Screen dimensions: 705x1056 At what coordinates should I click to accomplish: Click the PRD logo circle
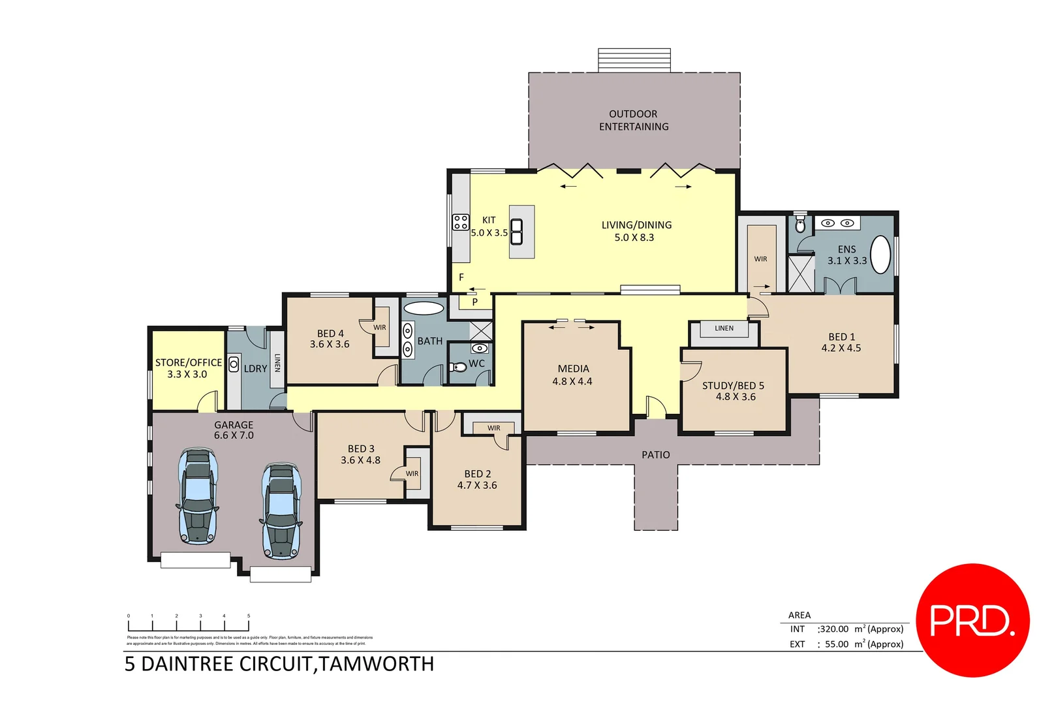click(972, 620)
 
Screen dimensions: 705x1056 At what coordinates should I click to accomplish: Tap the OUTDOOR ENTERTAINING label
click(634, 120)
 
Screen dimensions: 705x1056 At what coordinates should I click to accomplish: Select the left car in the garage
click(198, 496)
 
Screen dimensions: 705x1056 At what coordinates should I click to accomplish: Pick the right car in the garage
click(281, 511)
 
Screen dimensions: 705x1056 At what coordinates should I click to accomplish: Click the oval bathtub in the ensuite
click(880, 255)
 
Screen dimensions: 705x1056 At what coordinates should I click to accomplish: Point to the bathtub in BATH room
click(424, 308)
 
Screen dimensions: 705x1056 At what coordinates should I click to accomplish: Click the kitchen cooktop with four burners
click(461, 222)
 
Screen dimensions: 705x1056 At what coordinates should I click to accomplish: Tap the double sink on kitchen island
click(516, 232)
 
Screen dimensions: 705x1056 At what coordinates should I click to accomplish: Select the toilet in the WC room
click(459, 367)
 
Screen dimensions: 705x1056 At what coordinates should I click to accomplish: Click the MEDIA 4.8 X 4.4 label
click(573, 375)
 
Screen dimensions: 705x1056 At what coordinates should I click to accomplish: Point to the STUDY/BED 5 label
click(734, 385)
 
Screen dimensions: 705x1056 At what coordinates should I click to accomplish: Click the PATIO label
click(655, 455)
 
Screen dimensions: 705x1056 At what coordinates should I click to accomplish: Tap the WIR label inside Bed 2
click(493, 428)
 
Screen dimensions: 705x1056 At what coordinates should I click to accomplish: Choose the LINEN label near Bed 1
click(724, 328)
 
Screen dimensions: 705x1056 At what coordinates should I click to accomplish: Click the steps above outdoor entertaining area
click(634, 60)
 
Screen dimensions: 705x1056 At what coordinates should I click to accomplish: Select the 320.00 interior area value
click(834, 629)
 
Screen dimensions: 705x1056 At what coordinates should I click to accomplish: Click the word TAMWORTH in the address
click(377, 664)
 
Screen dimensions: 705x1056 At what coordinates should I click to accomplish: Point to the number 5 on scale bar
click(249, 616)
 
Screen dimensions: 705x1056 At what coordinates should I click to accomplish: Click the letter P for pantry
click(474, 302)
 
